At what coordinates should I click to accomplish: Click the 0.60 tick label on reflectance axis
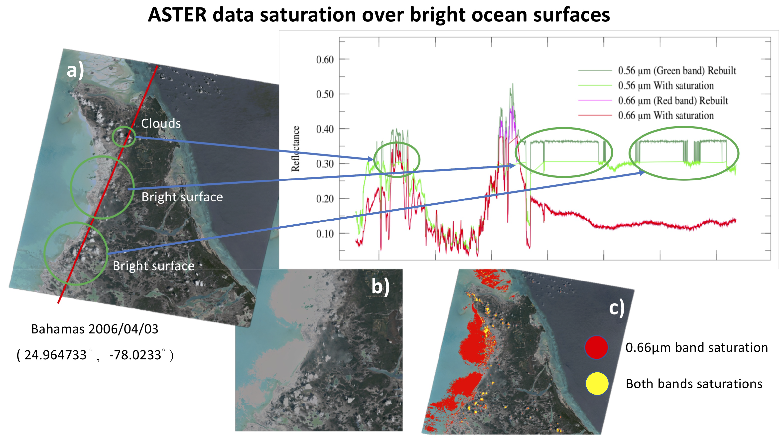pos(325,59)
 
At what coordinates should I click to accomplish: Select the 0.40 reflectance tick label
pos(325,129)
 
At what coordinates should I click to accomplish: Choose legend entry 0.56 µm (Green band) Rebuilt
pos(677,71)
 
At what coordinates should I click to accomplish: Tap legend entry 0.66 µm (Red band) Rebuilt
pos(673,101)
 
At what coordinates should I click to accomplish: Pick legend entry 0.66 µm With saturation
pos(666,116)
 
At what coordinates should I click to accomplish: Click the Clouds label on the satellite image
pos(161,124)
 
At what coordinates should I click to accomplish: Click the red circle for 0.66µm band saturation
pos(596,347)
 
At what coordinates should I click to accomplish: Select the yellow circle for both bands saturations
pos(597,384)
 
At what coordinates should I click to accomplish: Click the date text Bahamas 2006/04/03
pos(95,329)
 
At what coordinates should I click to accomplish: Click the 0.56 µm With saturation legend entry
pos(666,86)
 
